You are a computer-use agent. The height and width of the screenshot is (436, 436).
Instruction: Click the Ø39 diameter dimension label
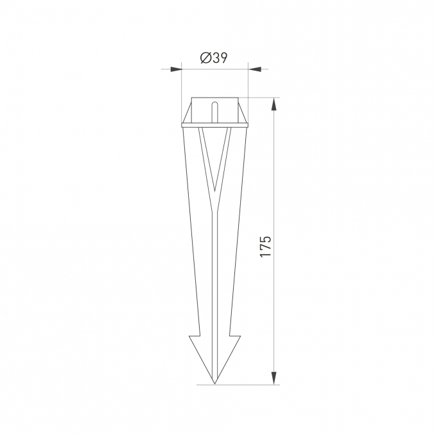tap(214, 58)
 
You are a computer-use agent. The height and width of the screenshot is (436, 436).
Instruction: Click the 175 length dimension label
tap(265, 247)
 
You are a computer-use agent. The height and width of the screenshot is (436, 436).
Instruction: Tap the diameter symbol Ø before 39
tap(205, 58)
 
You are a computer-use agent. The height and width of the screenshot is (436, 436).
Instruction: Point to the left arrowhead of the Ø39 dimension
tap(176, 69)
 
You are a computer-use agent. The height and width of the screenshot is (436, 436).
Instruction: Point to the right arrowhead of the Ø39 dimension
tap(254, 69)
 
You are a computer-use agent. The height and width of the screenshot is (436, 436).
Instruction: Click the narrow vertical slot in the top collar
tap(214, 112)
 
